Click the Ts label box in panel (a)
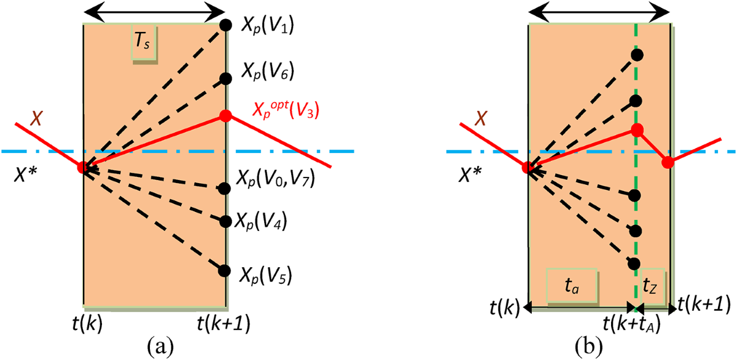click(145, 44)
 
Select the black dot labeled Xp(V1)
click(225, 25)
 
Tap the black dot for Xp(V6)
click(225, 78)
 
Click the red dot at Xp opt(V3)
click(225, 115)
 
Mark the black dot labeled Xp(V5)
click(224, 270)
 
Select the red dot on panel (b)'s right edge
click(668, 162)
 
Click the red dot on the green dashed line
click(637, 130)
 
